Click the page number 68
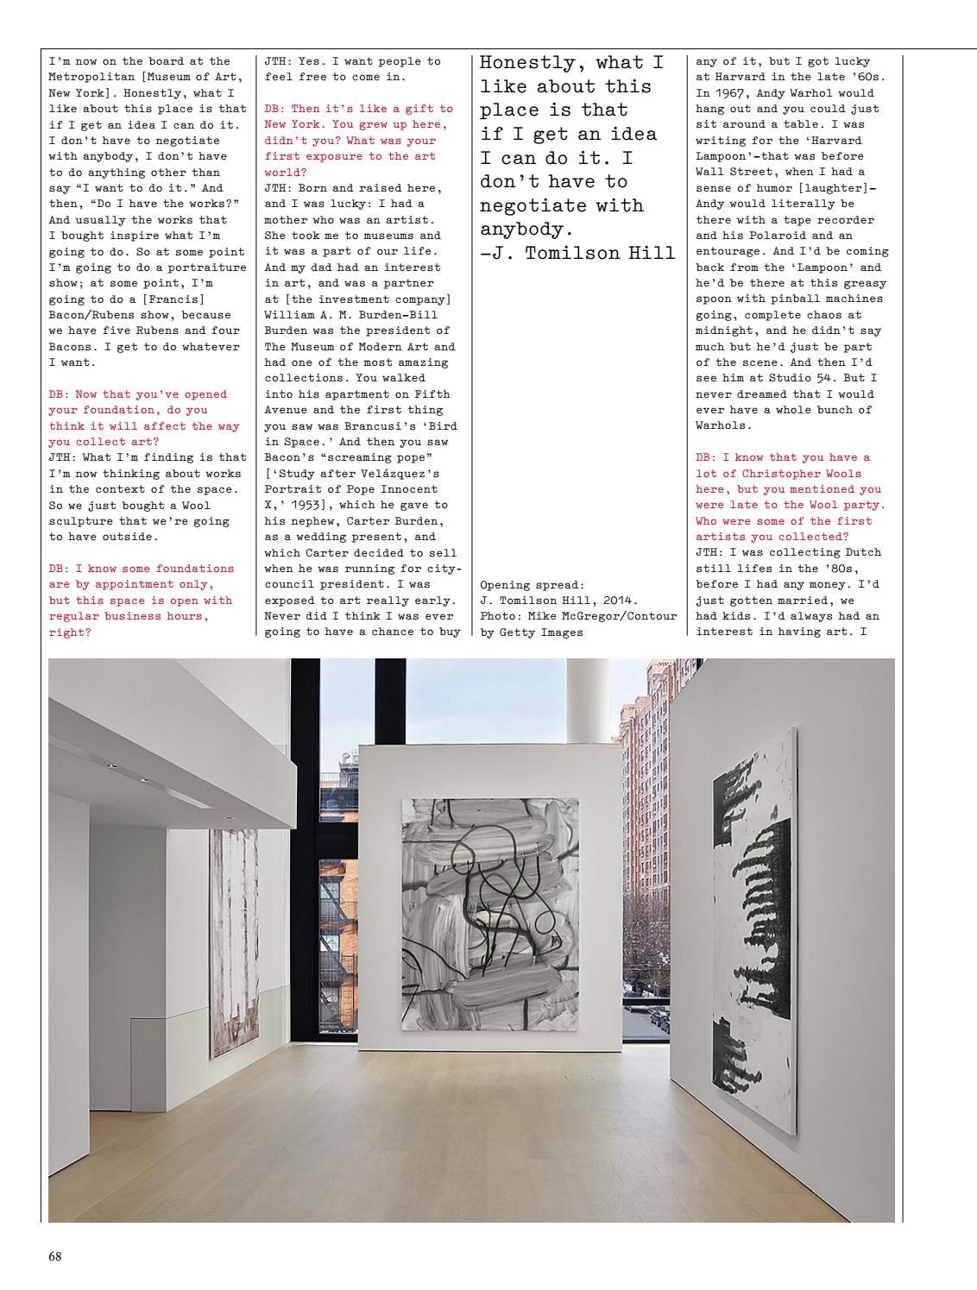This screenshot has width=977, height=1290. point(54,1256)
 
